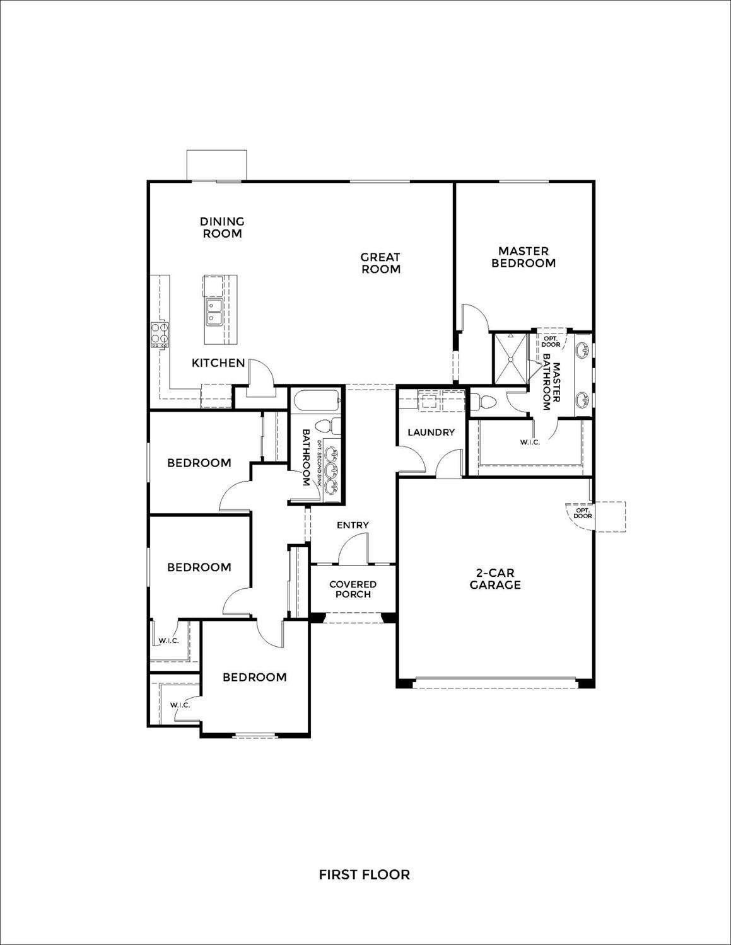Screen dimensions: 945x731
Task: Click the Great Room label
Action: coord(380,263)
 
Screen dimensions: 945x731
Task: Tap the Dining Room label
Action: coord(222,227)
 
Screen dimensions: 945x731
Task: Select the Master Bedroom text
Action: coord(523,257)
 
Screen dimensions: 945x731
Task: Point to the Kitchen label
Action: coord(218,363)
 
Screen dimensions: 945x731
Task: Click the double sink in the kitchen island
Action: coord(214,312)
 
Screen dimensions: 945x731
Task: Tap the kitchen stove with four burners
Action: coord(159,335)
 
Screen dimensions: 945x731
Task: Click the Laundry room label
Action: coord(431,432)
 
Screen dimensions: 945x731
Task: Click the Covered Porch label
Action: coord(353,589)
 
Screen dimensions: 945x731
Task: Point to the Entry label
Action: coord(353,525)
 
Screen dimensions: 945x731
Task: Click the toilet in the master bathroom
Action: coord(486,402)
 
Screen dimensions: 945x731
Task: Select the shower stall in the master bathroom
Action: coord(510,357)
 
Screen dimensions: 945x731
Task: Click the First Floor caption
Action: coord(364,874)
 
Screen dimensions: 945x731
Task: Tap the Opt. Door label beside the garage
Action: coord(583,513)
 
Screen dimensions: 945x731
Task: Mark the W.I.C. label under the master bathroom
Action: coord(530,442)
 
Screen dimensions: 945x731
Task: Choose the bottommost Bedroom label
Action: coord(254,677)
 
